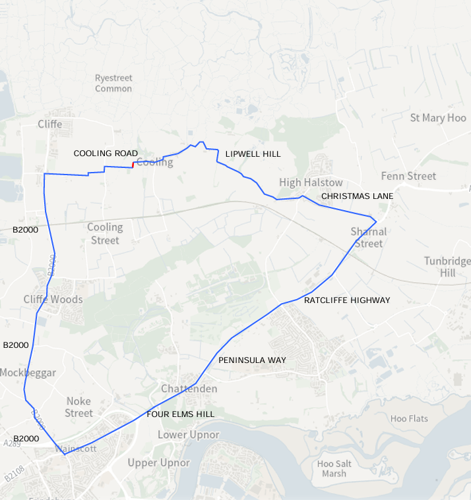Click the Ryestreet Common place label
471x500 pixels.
pyautogui.click(x=113, y=83)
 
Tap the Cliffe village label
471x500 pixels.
pyautogui.click(x=49, y=124)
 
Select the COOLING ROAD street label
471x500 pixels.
pyautogui.click(x=106, y=153)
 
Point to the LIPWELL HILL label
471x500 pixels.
pyautogui.click(x=253, y=154)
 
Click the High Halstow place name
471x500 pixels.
pyautogui.click(x=311, y=182)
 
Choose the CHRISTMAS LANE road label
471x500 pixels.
pyautogui.click(x=357, y=196)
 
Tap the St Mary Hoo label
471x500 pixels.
pyautogui.click(x=438, y=118)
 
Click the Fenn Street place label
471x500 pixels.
pyautogui.click(x=408, y=176)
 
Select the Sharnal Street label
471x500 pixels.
pyautogui.click(x=368, y=238)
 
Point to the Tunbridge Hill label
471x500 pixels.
pyautogui.click(x=447, y=267)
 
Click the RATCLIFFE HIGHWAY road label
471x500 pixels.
pyautogui.click(x=347, y=300)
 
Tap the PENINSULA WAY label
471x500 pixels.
pyautogui.click(x=252, y=360)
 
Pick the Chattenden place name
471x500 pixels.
pyautogui.click(x=189, y=389)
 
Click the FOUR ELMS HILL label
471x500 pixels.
pyautogui.click(x=180, y=414)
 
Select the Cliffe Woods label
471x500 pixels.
pyautogui.click(x=53, y=299)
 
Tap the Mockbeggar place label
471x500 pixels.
pyautogui.click(x=28, y=373)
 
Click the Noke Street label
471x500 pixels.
pyautogui.click(x=78, y=407)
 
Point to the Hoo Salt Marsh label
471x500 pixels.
pyautogui.click(x=334, y=468)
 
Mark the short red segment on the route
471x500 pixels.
pyautogui.click(x=134, y=165)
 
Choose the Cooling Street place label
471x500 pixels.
pyautogui.click(x=105, y=234)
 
